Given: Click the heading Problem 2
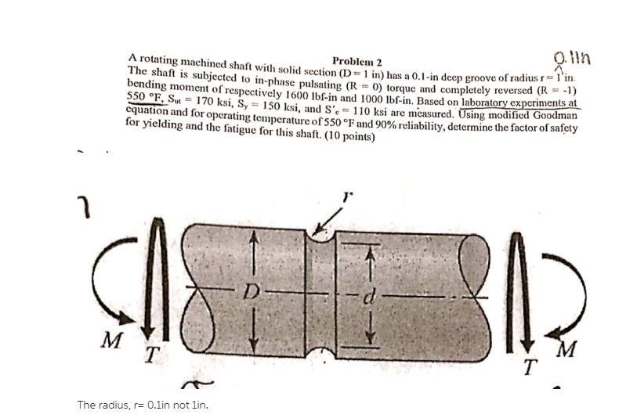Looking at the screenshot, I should [x=357, y=61].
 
